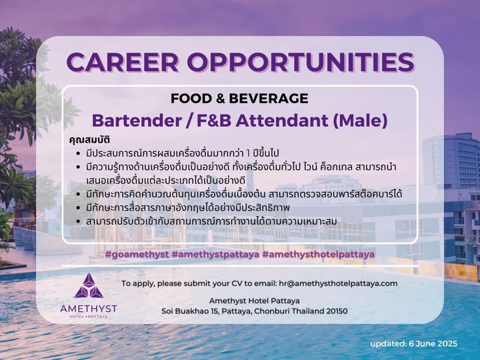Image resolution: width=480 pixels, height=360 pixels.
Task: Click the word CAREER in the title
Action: coord(123,62)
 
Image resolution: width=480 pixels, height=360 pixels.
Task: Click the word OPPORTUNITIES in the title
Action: coord(301,62)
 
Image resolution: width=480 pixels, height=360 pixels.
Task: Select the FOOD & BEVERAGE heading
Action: coord(239,98)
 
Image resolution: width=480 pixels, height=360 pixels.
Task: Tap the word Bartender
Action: coord(137,120)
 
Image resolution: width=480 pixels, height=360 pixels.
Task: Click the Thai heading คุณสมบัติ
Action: coord(89,140)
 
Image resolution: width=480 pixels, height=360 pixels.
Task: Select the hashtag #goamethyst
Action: coord(137,255)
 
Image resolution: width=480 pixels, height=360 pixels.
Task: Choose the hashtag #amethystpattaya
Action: coord(215,255)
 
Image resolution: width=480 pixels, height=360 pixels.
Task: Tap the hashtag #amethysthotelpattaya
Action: coord(319,255)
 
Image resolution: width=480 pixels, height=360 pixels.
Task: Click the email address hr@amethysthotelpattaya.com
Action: coord(338,283)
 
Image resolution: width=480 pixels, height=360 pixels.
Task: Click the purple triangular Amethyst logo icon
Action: coord(89,285)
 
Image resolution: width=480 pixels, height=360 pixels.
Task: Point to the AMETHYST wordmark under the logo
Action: coord(89,308)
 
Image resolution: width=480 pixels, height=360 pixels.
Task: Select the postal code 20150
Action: coord(337,311)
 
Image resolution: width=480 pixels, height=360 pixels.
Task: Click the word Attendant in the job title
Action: coord(281,120)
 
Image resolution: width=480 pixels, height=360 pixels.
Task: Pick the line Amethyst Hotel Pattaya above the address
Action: coord(255,301)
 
